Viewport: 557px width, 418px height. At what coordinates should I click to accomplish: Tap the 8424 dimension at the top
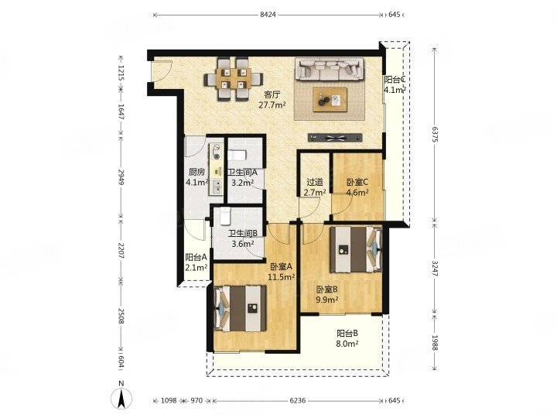[268, 15]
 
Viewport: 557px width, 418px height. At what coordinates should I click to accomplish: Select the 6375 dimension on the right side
[435, 134]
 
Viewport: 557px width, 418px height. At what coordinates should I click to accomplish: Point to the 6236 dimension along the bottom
[297, 401]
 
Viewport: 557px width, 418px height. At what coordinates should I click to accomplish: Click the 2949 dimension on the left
[121, 176]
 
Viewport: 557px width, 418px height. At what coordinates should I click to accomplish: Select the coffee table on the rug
[330, 100]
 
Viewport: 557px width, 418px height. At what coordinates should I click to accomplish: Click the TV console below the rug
[335, 138]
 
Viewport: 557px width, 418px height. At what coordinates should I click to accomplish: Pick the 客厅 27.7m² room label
[272, 100]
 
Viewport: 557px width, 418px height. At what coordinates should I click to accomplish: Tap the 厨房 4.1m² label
[196, 177]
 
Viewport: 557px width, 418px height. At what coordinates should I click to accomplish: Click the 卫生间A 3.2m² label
[242, 178]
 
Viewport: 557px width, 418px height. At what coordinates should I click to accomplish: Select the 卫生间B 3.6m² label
[243, 238]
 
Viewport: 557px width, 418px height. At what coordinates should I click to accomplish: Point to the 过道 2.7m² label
[315, 187]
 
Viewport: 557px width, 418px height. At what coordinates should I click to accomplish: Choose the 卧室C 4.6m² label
[357, 187]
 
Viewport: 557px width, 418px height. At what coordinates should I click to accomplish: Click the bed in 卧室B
[357, 249]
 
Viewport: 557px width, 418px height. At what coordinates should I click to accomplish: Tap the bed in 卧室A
[241, 308]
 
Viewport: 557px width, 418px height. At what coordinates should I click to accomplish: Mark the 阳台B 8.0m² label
[347, 338]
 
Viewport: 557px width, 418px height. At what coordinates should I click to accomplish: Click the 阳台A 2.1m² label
[196, 262]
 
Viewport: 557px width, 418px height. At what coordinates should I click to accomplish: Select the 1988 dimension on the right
[435, 342]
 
